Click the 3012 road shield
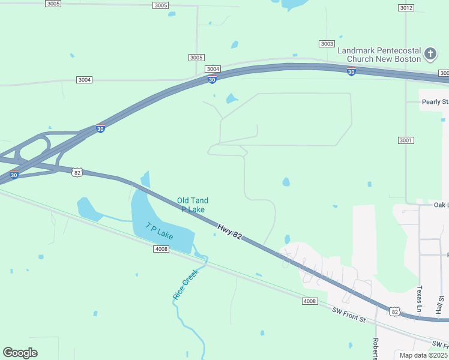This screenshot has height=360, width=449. point(406,8)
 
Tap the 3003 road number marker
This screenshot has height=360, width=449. point(327,44)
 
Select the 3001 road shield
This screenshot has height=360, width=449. point(406,140)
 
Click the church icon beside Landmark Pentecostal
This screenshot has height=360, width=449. point(430,55)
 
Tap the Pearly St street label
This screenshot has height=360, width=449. point(435,102)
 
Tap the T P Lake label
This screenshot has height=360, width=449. point(159,231)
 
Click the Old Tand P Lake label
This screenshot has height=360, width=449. point(193,205)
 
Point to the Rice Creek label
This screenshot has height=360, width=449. point(185,284)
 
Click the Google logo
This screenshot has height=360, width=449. point(20,353)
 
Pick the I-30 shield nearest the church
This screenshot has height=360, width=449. point(351,72)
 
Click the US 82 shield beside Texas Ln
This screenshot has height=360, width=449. point(394,311)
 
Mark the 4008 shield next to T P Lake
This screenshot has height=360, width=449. point(160,248)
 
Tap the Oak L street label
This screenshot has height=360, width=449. point(441,205)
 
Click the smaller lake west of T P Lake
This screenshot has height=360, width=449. point(90,209)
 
